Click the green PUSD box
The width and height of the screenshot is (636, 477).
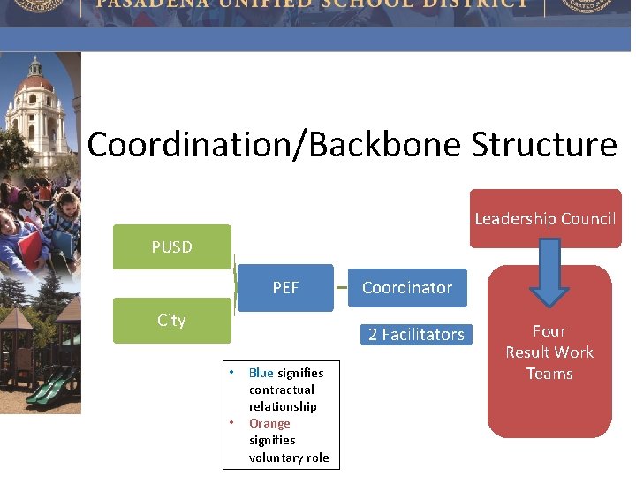pyautogui.click(x=171, y=246)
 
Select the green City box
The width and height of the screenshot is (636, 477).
pyautogui.click(x=171, y=320)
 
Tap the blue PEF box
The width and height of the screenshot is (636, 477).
pyautogui.click(x=285, y=287)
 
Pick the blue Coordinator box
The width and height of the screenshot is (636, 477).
pyautogui.click(x=407, y=287)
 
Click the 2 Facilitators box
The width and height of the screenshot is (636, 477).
pyautogui.click(x=416, y=334)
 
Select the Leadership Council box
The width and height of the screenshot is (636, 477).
pyautogui.click(x=545, y=218)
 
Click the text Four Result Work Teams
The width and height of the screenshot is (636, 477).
pyautogui.click(x=549, y=352)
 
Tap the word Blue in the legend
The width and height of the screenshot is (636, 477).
pyautogui.click(x=261, y=373)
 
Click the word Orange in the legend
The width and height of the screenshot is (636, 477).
pyautogui.click(x=269, y=423)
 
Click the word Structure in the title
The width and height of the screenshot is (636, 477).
pyautogui.click(x=544, y=144)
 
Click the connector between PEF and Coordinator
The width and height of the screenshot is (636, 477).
pyautogui.click(x=341, y=287)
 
